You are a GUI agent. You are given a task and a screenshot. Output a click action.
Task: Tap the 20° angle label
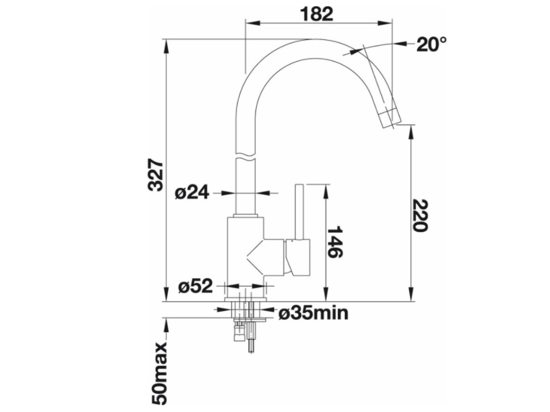point(431,45)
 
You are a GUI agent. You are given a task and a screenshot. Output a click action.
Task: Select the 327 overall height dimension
point(156,175)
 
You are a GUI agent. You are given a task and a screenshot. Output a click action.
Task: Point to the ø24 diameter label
point(192,193)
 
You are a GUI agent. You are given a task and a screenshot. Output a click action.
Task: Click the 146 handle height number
point(335,242)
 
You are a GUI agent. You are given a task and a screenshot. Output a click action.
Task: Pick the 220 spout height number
point(421,215)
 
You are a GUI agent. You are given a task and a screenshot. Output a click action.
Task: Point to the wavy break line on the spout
point(244,157)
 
